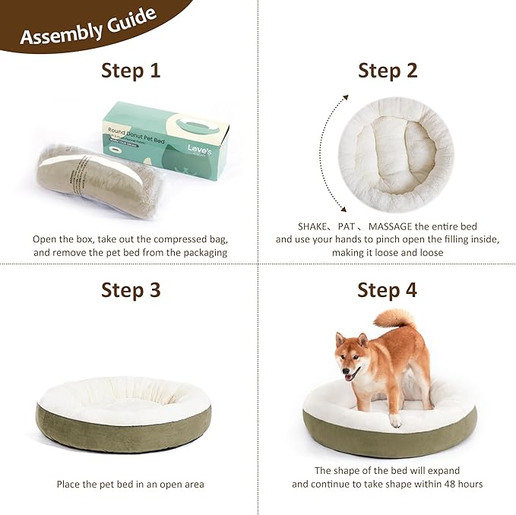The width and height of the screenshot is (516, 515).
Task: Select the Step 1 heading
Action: (131, 71)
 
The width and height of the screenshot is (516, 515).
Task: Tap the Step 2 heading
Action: (388, 71)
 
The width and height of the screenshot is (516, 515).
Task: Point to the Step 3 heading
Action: (131, 290)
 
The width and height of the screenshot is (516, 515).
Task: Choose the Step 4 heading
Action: (388, 290)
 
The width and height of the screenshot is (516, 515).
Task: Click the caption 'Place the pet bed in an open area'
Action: (130, 484)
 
